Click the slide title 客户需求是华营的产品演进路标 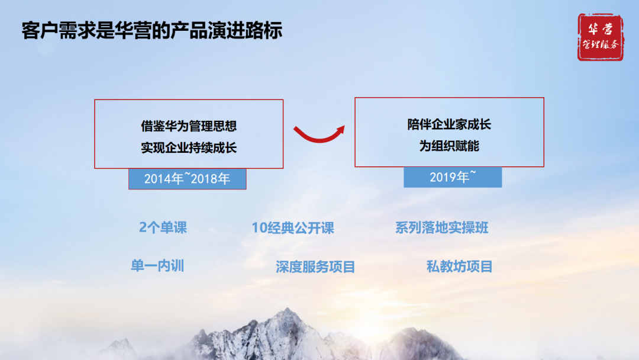(x=151, y=30)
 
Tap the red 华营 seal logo (x=600, y=37)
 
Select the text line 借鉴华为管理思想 (x=189, y=126)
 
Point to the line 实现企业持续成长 (x=189, y=147)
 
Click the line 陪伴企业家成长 (x=449, y=124)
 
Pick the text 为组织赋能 (x=449, y=146)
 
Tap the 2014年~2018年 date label (x=187, y=179)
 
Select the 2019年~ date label (x=453, y=177)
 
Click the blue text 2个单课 (x=163, y=227)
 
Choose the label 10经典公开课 (x=293, y=228)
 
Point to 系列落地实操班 (x=441, y=227)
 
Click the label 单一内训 (x=157, y=265)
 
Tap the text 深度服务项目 (x=315, y=266)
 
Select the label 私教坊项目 (x=459, y=266)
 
